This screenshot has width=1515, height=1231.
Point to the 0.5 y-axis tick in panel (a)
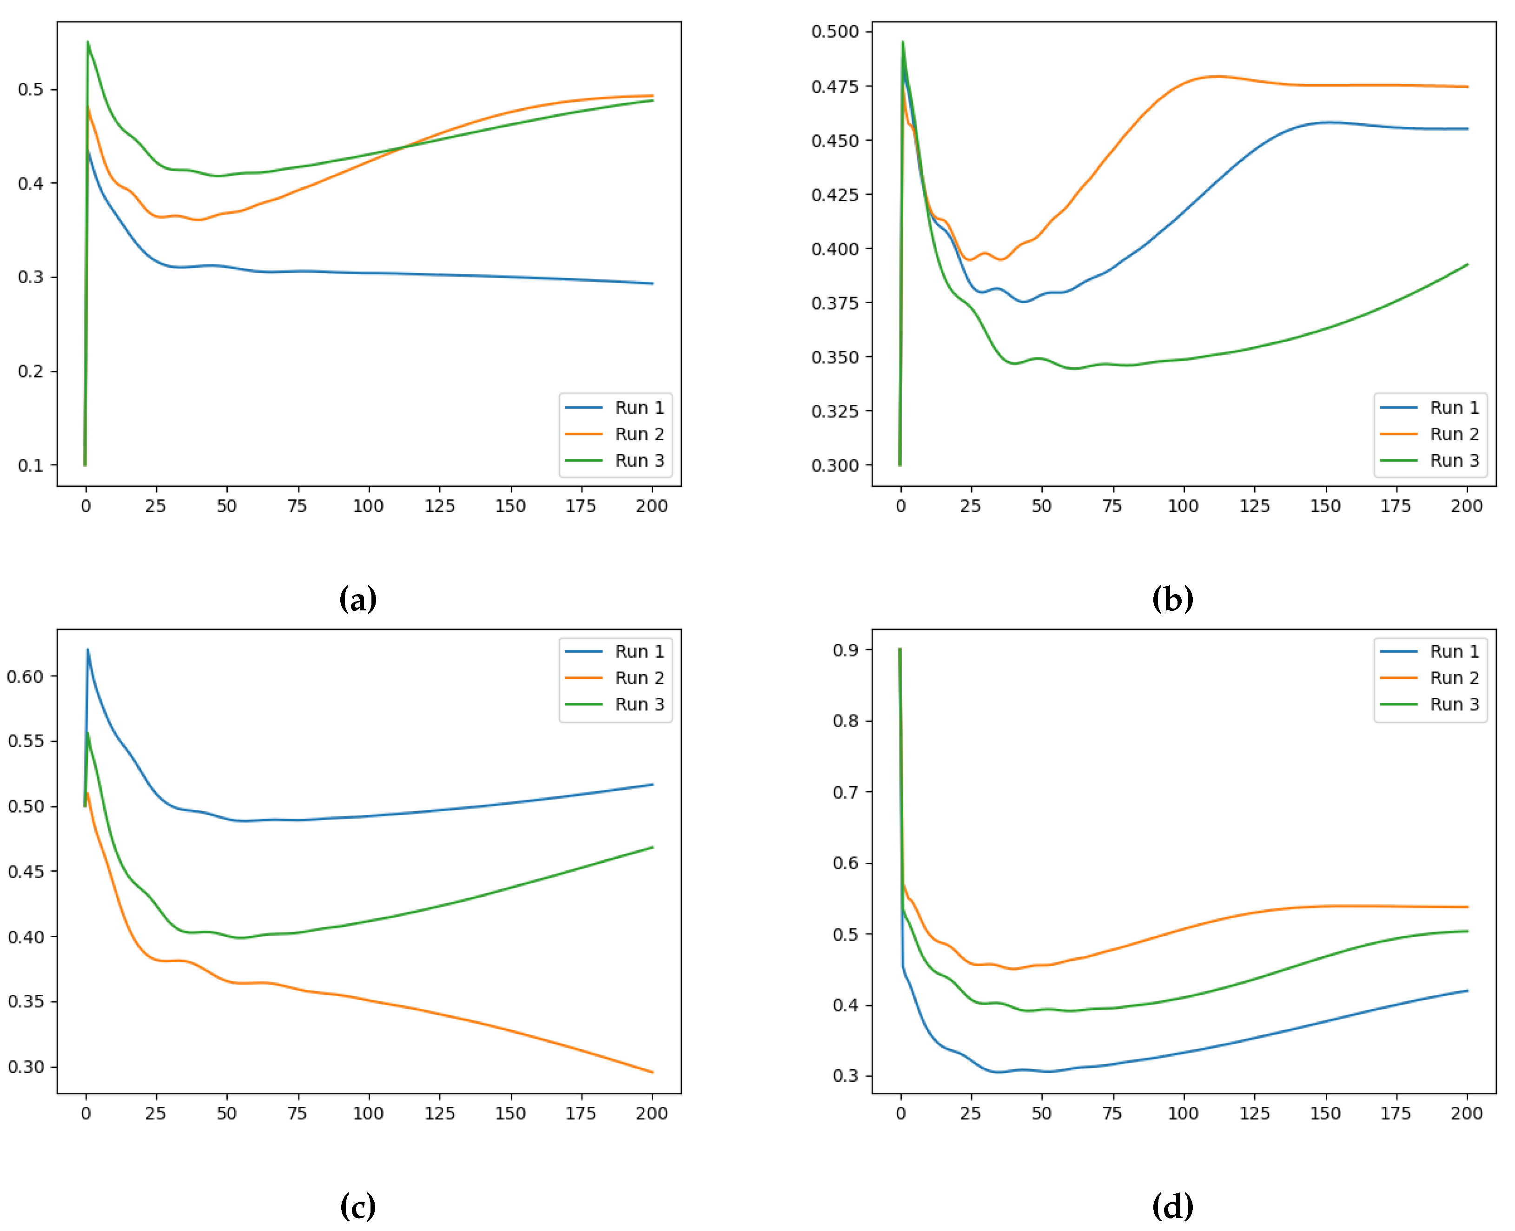(x=31, y=89)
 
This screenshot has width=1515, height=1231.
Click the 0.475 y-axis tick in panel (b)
(x=834, y=86)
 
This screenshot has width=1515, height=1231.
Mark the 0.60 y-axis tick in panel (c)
(x=25, y=676)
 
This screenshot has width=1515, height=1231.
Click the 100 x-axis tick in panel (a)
(x=368, y=506)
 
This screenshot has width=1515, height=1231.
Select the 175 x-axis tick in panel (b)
(x=1395, y=506)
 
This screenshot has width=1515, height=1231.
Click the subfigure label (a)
(x=358, y=599)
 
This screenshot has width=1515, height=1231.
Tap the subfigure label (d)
(x=1172, y=1206)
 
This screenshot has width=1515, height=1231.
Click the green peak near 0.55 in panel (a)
(x=88, y=42)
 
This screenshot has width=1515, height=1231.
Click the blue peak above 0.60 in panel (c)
(x=88, y=649)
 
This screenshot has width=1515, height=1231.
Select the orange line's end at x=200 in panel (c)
(x=652, y=1072)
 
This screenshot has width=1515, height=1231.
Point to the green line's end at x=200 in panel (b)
(x=1467, y=265)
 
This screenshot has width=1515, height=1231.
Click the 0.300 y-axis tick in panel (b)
(x=834, y=466)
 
